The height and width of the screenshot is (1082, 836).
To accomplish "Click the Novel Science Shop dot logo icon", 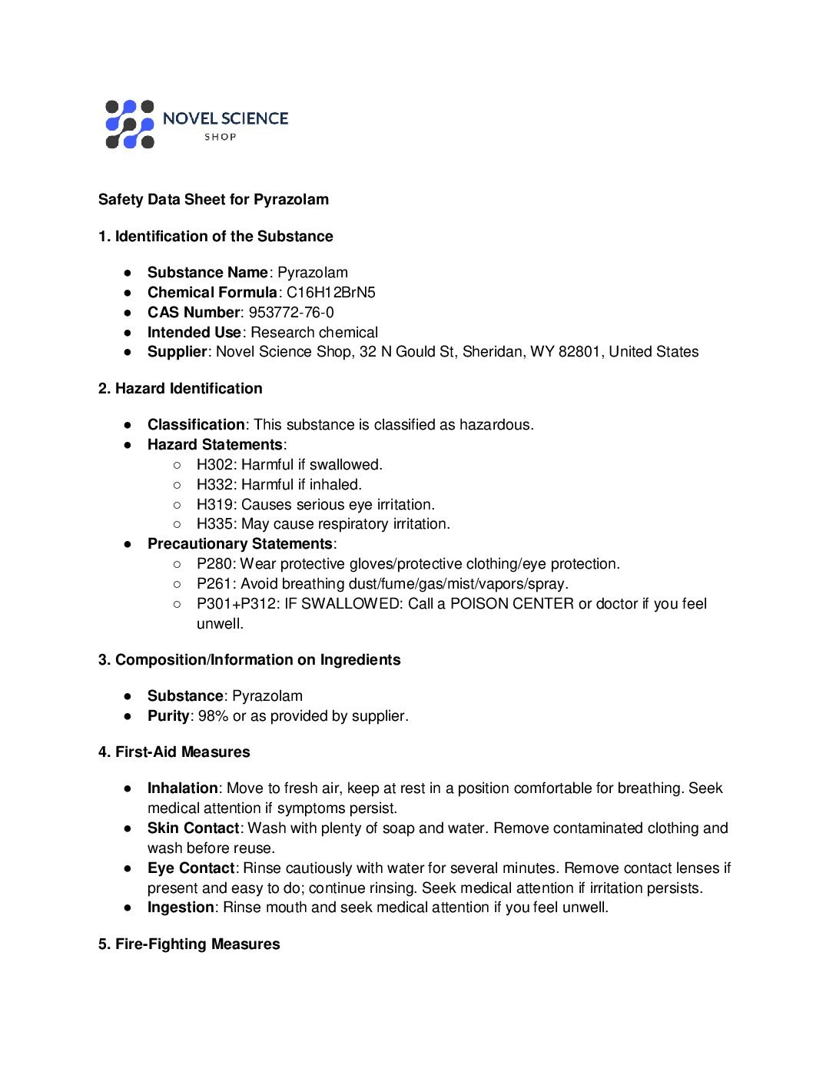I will [x=130, y=124].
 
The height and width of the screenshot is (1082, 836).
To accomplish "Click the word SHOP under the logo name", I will [x=221, y=138].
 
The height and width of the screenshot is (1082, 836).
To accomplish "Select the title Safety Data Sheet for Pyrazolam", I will [x=214, y=200].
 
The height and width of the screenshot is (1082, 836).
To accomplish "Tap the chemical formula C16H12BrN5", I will [x=331, y=293].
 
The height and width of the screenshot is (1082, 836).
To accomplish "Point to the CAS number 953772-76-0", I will [x=291, y=313].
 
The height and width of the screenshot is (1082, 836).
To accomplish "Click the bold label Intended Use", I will [x=194, y=333].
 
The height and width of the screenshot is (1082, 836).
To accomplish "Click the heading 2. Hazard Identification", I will [x=181, y=389].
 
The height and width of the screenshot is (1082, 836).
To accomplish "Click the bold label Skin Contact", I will [x=194, y=828].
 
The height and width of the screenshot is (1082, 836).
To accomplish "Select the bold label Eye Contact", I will [x=191, y=868].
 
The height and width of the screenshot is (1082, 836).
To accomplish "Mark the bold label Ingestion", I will [x=181, y=908].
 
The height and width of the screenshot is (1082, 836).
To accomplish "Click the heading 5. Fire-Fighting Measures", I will [x=189, y=944].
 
